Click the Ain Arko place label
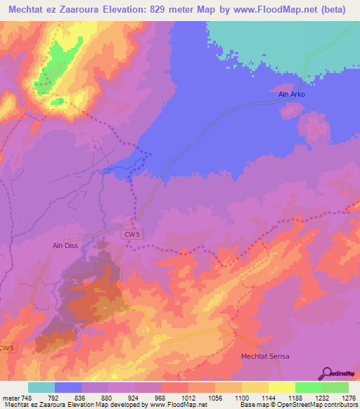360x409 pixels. [x=285, y=94]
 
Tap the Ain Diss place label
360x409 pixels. [x=65, y=246]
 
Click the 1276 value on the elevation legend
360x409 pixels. [x=348, y=398]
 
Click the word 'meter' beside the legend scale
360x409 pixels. [x=11, y=398]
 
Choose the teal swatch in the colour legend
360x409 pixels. [x=41, y=387]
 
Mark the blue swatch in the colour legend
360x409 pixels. [x=68, y=387]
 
